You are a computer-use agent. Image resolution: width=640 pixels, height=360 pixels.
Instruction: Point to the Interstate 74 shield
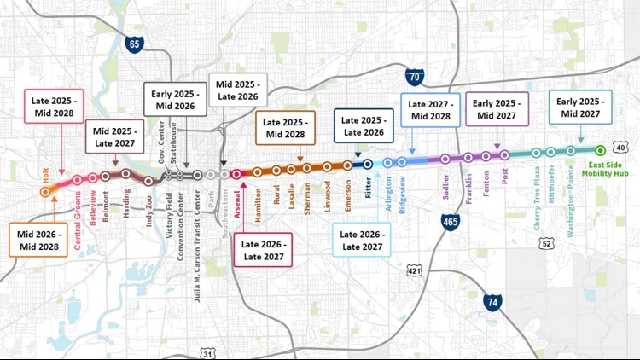coord(492,302)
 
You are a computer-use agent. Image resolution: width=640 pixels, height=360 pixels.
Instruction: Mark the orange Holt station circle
coord(45,192)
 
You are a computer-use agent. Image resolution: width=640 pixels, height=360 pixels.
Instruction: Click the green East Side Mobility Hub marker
coord(600,150)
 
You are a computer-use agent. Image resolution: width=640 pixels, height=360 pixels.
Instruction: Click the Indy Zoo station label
coord(148,205)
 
